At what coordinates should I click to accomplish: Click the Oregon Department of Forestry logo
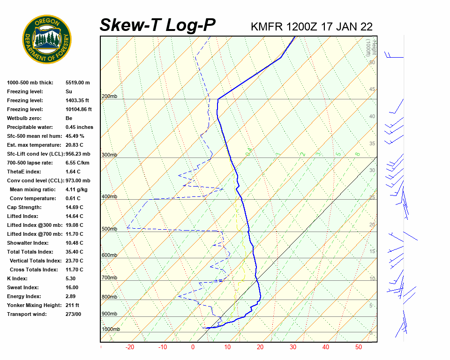(47, 39)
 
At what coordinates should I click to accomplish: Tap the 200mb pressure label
(109, 97)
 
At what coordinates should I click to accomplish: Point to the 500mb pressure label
(109, 229)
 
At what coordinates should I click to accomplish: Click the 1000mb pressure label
(111, 330)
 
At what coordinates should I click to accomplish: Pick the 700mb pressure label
(109, 278)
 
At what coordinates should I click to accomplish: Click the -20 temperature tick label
(130, 347)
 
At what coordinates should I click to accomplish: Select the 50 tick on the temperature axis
(359, 347)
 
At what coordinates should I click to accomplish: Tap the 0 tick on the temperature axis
(193, 347)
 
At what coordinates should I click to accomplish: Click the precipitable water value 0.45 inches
(79, 127)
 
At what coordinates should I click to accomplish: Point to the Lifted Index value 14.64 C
(74, 216)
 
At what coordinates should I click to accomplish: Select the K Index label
(17, 278)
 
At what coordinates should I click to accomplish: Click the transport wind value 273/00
(73, 314)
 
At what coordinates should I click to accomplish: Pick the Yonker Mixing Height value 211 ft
(72, 305)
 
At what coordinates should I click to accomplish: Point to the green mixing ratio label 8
(357, 154)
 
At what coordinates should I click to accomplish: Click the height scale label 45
(372, 90)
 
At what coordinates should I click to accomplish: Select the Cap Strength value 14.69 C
(74, 207)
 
